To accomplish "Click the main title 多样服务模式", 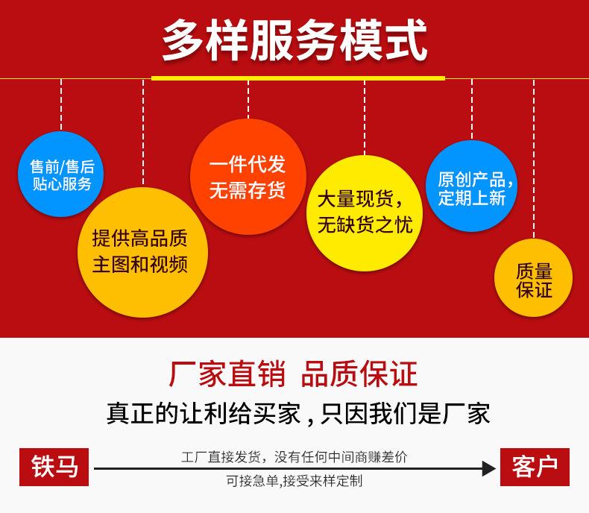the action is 294,40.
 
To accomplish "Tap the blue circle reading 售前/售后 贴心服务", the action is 61,174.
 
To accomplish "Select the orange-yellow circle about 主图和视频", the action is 142,252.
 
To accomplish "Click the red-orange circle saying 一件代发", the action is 248,177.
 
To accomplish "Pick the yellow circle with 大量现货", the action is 365,213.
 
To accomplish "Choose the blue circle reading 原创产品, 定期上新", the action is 471,186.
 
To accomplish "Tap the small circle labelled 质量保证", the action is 533,277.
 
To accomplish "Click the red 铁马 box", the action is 54,467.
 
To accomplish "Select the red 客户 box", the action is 535,467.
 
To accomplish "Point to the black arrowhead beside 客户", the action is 488,469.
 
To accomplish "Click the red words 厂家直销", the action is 227,374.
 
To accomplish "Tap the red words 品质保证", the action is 359,374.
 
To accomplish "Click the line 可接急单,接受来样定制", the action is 294,481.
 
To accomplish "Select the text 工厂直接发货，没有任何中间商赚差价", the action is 294,457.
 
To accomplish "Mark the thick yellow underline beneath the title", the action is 298,78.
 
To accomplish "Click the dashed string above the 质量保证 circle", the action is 534,159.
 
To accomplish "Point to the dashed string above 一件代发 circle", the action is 248,99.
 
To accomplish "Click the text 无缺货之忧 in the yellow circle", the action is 365,225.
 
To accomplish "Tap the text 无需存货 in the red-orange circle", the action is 248,189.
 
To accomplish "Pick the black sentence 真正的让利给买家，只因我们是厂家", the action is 298,414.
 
